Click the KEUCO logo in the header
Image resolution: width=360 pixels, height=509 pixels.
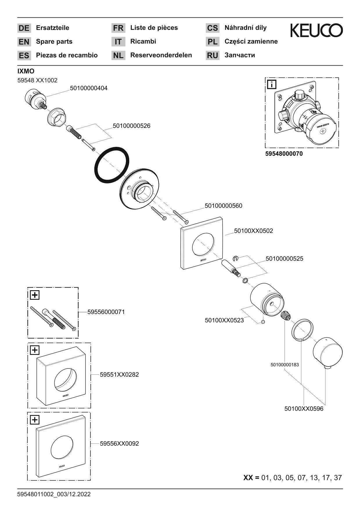point(316,30)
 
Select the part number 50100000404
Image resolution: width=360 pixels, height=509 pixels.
point(89,88)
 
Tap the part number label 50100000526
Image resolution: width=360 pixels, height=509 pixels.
point(132,126)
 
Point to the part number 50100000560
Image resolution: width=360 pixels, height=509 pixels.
point(223,206)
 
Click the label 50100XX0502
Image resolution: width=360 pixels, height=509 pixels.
point(253,231)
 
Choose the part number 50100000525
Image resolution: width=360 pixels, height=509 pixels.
point(284,259)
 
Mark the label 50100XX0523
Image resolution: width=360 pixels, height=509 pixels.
point(224,320)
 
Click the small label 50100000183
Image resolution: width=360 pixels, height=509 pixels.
point(285,365)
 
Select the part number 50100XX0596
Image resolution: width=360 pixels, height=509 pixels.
point(304,409)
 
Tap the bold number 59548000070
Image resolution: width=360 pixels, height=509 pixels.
point(284,154)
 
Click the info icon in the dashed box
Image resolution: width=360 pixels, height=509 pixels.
point(272,85)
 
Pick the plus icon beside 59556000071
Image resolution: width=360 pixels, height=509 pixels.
point(35,295)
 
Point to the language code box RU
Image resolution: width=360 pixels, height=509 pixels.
point(213,55)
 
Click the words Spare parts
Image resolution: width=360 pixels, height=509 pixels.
point(54,41)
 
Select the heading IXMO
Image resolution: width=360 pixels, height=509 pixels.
point(26,71)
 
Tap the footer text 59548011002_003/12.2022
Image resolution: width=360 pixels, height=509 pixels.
point(54,494)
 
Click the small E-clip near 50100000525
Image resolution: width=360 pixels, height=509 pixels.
point(235,258)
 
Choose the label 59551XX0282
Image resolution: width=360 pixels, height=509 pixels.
point(119,375)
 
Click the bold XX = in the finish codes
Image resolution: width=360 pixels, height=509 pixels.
point(251,478)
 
